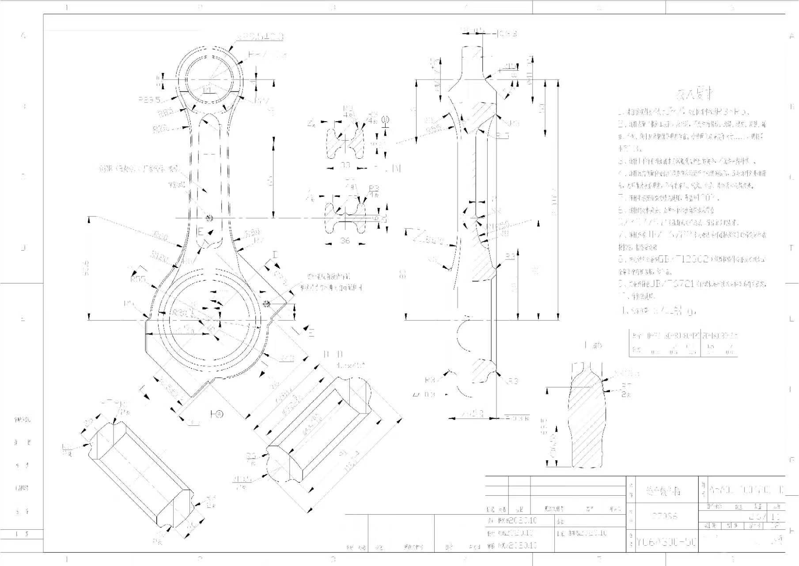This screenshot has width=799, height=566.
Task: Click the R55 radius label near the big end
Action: click(138, 279)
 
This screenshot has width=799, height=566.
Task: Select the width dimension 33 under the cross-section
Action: click(345, 165)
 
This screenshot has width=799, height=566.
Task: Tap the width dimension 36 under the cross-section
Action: click(345, 241)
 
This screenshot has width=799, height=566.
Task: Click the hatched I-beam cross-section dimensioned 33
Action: click(345, 142)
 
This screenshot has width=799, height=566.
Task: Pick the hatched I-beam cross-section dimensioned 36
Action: click(345, 218)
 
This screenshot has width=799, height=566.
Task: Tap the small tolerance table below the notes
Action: click(683, 342)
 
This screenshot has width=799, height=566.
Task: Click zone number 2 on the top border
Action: click(200, 7)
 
